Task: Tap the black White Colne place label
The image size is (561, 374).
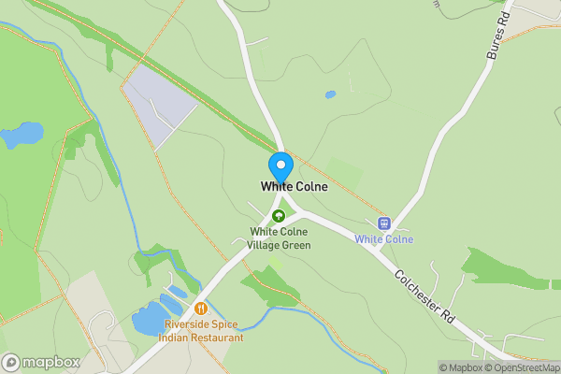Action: (x=294, y=187)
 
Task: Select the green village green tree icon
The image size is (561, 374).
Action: (x=278, y=216)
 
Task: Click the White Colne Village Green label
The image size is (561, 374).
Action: (x=280, y=237)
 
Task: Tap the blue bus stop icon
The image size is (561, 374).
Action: (x=382, y=223)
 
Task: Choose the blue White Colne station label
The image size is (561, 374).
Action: (x=383, y=239)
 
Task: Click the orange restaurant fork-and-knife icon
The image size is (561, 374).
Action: (x=200, y=308)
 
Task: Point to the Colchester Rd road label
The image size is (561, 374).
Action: (x=424, y=297)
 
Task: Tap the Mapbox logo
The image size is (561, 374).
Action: (x=41, y=362)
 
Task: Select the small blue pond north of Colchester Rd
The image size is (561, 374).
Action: (x=330, y=94)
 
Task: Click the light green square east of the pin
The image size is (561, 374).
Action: (x=343, y=174)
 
